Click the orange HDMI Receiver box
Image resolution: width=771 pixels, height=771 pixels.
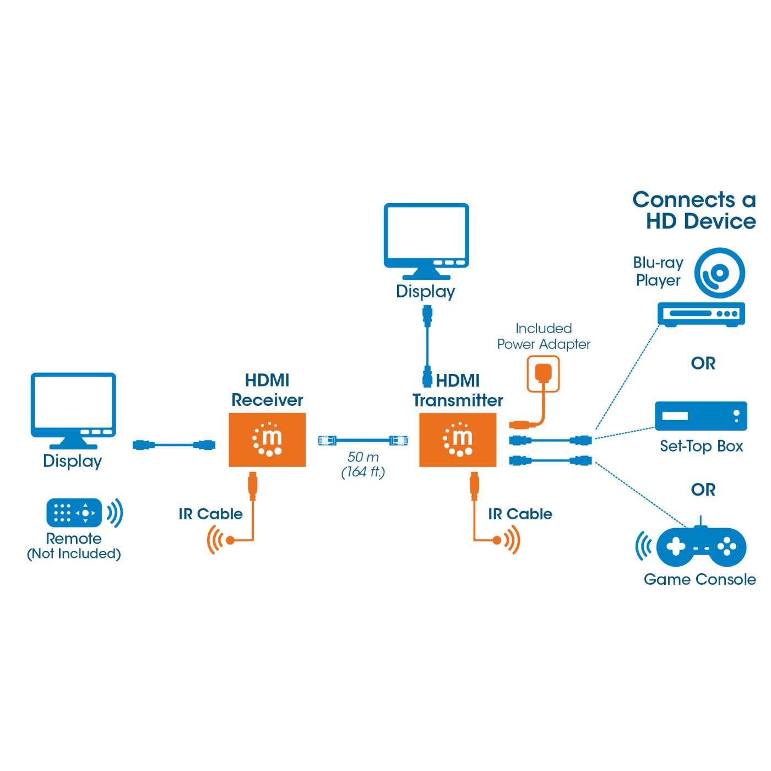(267, 439)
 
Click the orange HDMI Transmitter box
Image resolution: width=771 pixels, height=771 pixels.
(457, 439)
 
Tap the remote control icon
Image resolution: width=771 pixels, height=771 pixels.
(74, 513)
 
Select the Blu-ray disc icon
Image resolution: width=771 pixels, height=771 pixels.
(719, 273)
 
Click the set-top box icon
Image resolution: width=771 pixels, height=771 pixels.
(701, 416)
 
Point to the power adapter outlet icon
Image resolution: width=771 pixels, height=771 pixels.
(543, 374)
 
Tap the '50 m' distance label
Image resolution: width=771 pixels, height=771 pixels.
(363, 457)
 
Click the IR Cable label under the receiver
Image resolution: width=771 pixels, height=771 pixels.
(210, 514)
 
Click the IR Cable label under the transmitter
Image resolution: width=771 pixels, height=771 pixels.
(520, 514)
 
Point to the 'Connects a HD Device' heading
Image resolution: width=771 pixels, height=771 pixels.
(694, 210)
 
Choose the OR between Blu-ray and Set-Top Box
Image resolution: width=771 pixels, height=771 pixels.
(703, 363)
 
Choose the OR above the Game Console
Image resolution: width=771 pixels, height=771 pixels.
(703, 490)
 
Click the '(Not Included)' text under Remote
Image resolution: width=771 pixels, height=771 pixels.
(74, 553)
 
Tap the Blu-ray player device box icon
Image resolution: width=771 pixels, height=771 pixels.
(701, 314)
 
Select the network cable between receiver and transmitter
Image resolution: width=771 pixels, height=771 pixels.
(362, 440)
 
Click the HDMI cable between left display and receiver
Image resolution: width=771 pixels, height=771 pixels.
(173, 445)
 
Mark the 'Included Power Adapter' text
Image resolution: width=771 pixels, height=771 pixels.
(543, 336)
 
